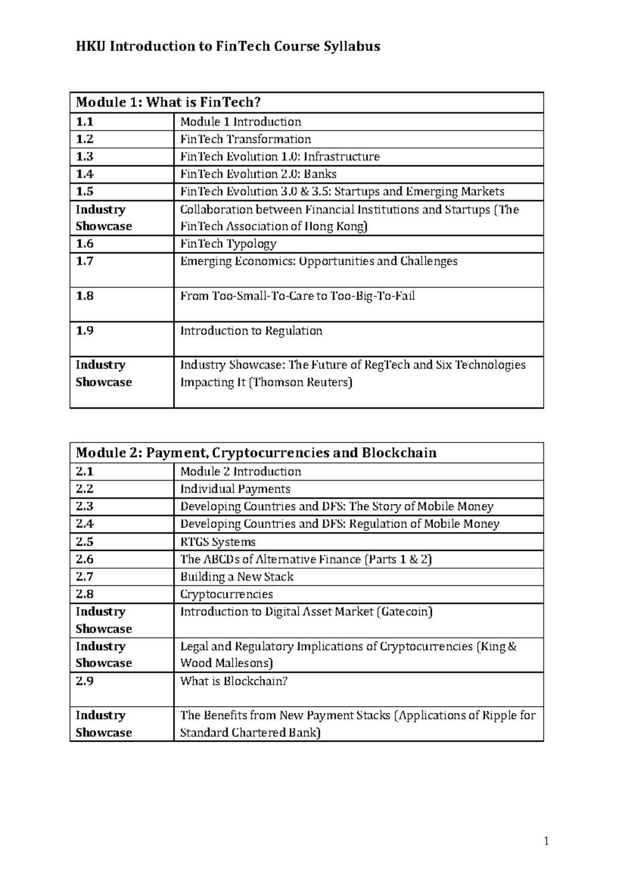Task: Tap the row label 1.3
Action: (84, 156)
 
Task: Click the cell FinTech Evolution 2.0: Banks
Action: (258, 174)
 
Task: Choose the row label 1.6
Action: (84, 243)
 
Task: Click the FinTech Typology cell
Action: (228, 243)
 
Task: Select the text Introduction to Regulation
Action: (251, 331)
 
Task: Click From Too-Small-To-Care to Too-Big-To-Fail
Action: (297, 296)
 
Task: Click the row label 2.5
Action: (84, 542)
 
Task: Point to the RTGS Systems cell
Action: (218, 542)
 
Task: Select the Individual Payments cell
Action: (235, 489)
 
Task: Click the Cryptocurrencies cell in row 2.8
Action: (227, 594)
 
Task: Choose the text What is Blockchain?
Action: (234, 681)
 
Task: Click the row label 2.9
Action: (84, 681)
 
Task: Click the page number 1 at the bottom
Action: (546, 841)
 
